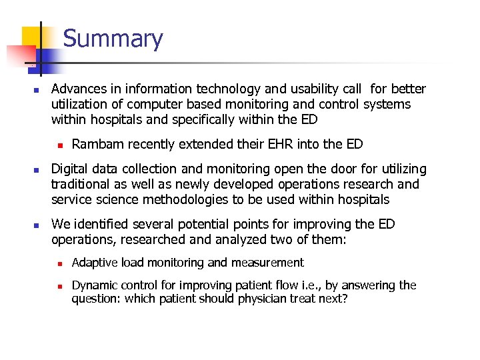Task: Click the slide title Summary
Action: point(113,39)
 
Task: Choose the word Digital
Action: point(70,169)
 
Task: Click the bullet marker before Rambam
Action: point(59,144)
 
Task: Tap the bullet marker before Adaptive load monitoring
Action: point(59,263)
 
